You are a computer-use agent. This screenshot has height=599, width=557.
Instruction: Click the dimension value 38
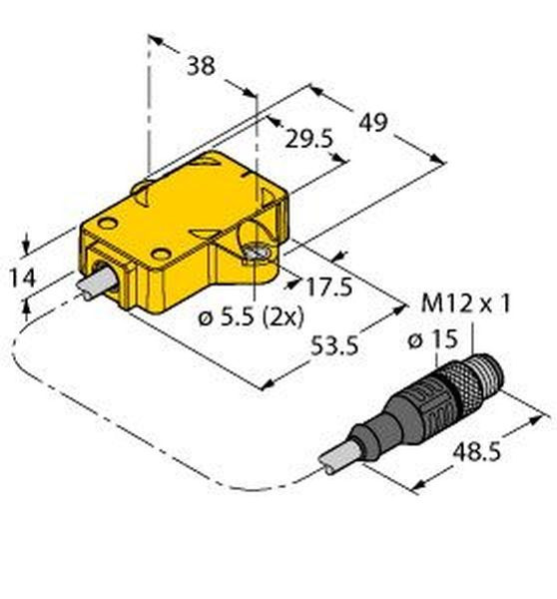[x=201, y=66]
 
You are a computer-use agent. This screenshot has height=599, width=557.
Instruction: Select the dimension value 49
[x=373, y=122]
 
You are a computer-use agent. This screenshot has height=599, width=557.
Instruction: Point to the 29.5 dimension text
[x=309, y=139]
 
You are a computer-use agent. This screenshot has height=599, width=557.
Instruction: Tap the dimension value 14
[x=22, y=278]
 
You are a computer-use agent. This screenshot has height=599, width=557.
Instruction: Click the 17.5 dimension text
[x=329, y=287]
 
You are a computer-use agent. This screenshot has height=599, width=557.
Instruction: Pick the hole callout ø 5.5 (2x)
[x=251, y=316]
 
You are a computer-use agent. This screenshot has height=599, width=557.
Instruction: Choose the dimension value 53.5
[x=333, y=345]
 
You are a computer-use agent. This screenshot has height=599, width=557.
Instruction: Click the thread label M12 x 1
[x=465, y=304]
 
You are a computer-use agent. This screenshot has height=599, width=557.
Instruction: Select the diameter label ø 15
[x=433, y=339]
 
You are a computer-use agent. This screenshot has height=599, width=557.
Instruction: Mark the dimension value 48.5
[x=476, y=452]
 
